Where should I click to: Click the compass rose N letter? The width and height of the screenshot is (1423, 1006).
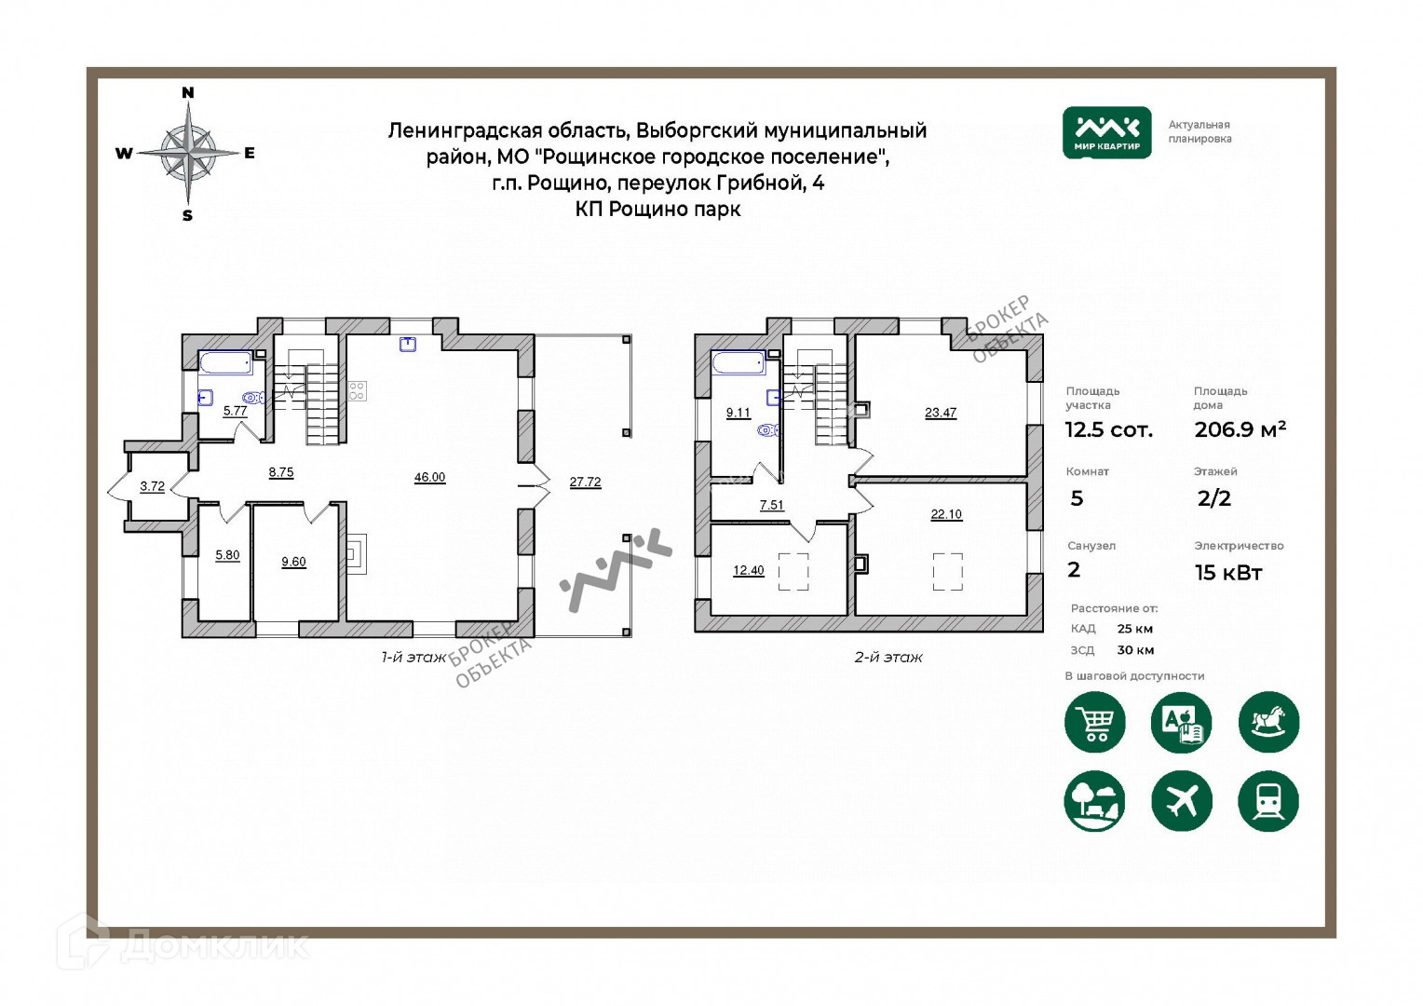point(187,92)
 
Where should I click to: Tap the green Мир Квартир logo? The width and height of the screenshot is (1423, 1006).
point(1106,132)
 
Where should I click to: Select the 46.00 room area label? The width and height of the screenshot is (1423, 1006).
point(429,478)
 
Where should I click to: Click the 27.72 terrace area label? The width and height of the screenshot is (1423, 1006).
point(585,483)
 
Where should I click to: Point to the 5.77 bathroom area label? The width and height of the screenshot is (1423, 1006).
point(235,411)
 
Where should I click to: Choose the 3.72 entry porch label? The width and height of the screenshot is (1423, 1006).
point(152,486)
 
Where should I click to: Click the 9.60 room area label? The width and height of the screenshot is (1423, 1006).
point(293,563)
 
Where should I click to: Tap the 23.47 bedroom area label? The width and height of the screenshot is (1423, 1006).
point(941,414)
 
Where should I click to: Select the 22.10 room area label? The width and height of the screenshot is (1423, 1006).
point(946,514)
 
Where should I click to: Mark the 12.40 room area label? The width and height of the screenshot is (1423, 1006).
point(748,571)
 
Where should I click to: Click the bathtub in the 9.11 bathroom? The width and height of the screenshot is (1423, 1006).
point(738,362)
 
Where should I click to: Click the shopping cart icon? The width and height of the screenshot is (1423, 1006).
point(1094,722)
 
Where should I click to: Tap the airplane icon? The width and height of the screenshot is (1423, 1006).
point(1182,800)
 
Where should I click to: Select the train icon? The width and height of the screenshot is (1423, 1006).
point(1267,800)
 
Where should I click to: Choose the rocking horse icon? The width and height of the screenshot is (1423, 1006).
point(1268,722)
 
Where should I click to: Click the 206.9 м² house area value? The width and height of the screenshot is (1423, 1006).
point(1240,429)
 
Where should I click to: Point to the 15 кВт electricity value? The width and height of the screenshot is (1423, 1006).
point(1228,573)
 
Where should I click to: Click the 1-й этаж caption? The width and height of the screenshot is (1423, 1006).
point(413,658)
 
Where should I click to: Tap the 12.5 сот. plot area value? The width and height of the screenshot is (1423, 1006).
point(1108,430)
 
